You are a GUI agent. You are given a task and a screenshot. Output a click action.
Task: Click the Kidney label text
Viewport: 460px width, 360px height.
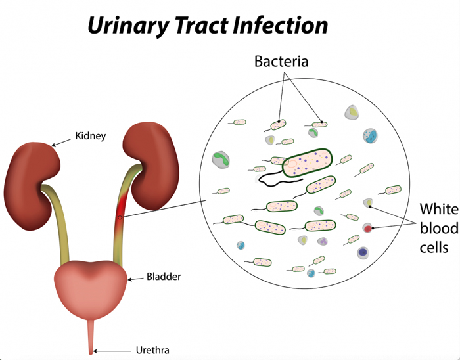click(x=90, y=136)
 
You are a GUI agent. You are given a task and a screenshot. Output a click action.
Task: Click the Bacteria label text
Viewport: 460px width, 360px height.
click(x=281, y=62)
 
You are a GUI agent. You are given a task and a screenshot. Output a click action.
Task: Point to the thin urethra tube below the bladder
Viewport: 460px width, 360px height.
click(x=91, y=335)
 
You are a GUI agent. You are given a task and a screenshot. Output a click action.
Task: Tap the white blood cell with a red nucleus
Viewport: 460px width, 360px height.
click(x=367, y=228)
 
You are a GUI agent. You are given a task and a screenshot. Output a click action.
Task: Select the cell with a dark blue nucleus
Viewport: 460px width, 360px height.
click(x=362, y=252)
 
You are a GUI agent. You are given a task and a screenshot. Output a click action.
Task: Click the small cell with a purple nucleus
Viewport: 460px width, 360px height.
click(x=323, y=242)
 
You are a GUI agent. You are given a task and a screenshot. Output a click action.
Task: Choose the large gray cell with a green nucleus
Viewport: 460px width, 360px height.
click(x=221, y=160)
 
